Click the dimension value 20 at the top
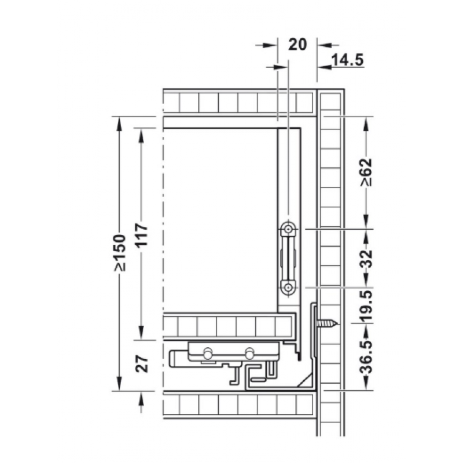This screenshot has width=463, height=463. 297,45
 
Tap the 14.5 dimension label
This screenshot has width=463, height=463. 348,61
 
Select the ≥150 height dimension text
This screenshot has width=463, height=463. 120,253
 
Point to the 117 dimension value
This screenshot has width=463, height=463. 141,235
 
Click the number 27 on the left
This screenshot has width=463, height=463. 142,364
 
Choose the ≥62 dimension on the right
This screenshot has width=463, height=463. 366,172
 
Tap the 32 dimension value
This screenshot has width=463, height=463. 367,259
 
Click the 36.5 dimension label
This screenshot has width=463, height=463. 367,357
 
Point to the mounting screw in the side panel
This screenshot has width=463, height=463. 327,324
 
